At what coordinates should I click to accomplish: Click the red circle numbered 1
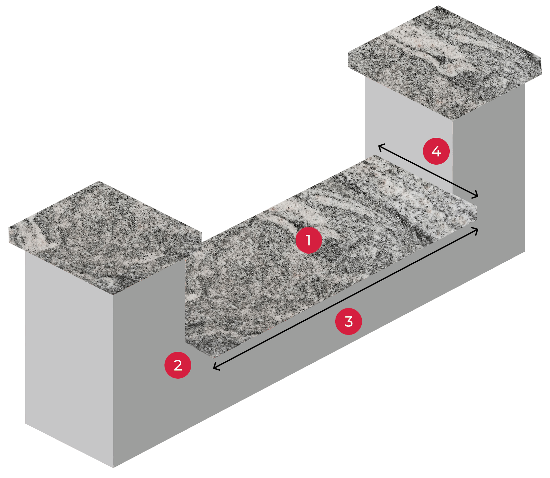(308, 240)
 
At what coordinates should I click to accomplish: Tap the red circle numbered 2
(178, 365)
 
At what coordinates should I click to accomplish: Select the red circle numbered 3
(348, 321)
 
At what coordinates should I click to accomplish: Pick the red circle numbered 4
(436, 151)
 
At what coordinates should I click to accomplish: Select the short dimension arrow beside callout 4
(428, 171)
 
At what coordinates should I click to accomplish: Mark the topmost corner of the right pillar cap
(437, 6)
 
